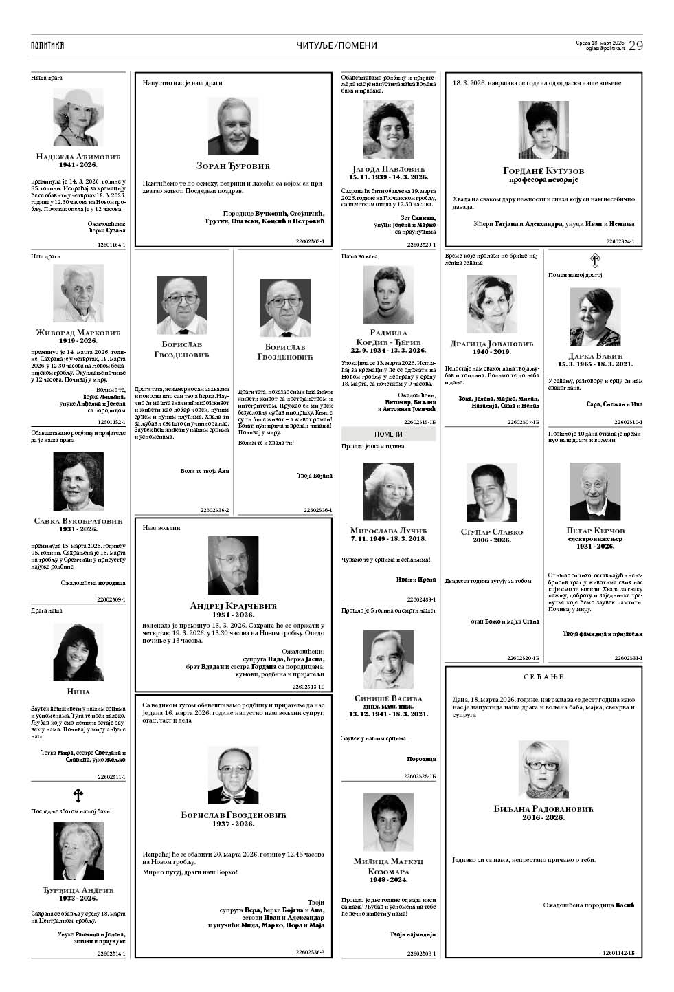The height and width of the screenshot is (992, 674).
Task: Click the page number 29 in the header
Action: click(x=635, y=45)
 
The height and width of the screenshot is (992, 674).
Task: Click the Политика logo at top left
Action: click(x=47, y=45)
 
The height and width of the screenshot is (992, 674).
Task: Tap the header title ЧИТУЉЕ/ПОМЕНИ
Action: click(x=337, y=45)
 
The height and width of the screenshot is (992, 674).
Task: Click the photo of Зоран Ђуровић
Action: click(x=233, y=126)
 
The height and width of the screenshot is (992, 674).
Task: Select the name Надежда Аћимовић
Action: click(x=78, y=157)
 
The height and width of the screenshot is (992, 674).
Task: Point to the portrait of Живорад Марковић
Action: click(x=78, y=294)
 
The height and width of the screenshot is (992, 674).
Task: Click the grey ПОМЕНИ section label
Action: click(x=388, y=434)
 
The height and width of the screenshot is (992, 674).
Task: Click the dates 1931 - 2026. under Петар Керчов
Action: click(x=595, y=546)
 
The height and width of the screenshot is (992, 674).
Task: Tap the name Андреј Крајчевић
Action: click(x=233, y=606)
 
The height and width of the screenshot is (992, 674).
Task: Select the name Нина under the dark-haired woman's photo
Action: click(x=78, y=691)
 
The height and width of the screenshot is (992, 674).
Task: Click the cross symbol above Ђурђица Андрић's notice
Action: click(x=78, y=795)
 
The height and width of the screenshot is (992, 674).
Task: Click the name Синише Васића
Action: click(x=388, y=698)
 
